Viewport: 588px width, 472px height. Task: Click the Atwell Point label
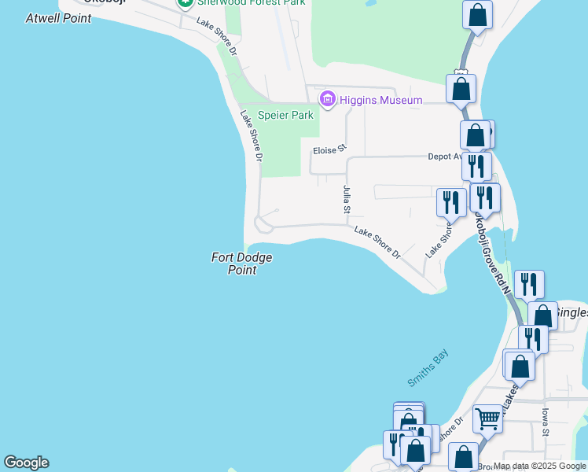coord(58,17)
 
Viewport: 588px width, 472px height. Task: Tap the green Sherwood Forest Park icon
coord(185,3)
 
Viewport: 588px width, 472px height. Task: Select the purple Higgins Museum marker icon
coord(327,100)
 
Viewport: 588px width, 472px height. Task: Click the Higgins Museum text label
coord(381,100)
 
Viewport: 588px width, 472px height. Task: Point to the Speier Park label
coord(286,115)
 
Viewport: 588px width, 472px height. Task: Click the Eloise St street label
coord(329,149)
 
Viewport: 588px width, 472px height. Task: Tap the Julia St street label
coord(346,200)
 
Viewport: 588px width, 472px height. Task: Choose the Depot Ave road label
coord(445,157)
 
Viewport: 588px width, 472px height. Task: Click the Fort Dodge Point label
coord(241,264)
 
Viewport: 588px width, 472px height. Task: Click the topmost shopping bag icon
coord(477,14)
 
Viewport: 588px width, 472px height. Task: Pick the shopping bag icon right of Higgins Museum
coord(461,88)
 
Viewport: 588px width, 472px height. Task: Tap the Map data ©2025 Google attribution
coord(539,466)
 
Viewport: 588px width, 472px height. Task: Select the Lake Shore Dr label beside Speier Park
coord(251,136)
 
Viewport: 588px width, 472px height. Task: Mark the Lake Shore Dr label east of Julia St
coord(377,244)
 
